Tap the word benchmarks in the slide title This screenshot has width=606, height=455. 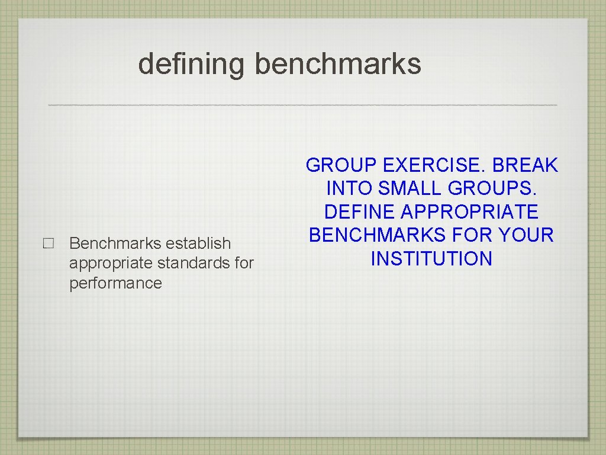338,63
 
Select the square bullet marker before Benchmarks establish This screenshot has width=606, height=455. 49,243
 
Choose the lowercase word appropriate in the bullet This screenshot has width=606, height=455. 111,263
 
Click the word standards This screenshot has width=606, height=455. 194,263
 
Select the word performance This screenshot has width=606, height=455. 115,283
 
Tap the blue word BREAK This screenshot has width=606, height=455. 526,166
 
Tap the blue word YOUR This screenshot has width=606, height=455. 526,235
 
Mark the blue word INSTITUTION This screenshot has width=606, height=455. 431,259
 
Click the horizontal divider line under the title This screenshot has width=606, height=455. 302,105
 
